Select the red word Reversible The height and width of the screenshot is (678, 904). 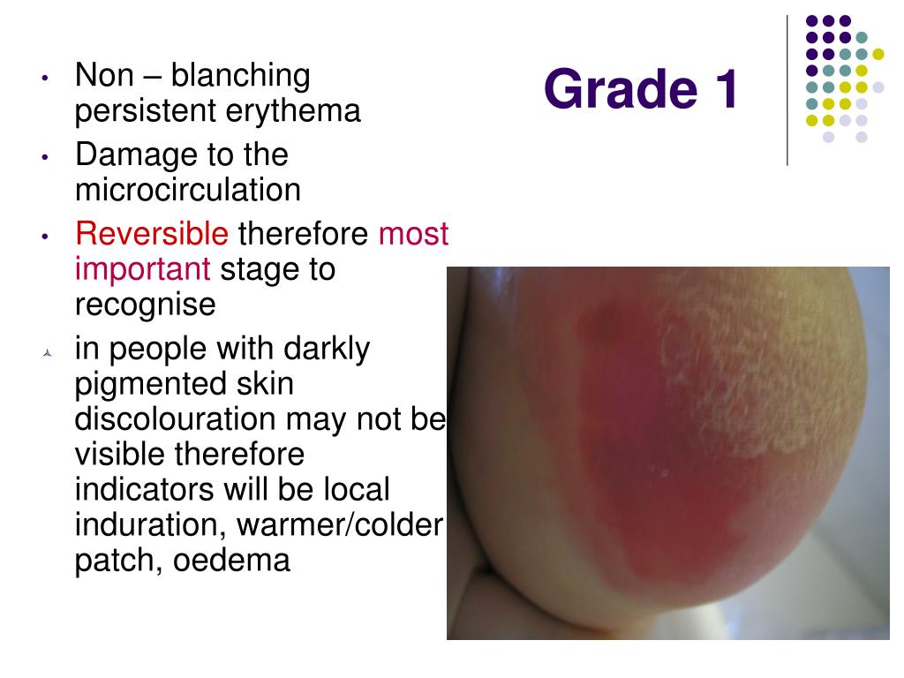tap(152, 234)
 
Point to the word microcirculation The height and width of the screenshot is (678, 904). tap(188, 190)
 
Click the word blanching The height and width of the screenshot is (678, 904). tap(240, 76)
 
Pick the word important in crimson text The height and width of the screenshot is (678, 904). tap(143, 269)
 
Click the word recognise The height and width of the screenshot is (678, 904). tap(146, 305)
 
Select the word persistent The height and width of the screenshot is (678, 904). tap(140, 111)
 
